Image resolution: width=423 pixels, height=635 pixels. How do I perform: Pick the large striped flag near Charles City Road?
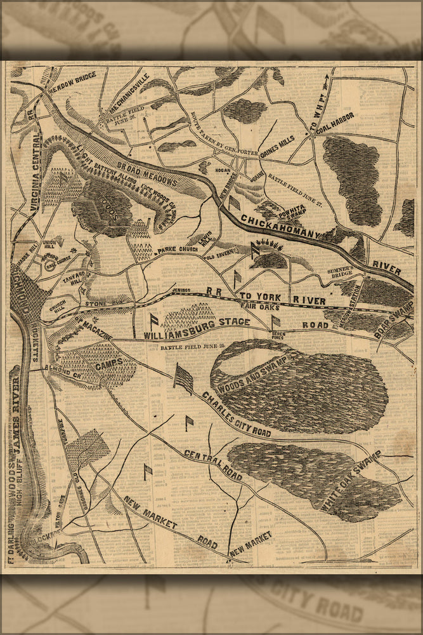183,379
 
